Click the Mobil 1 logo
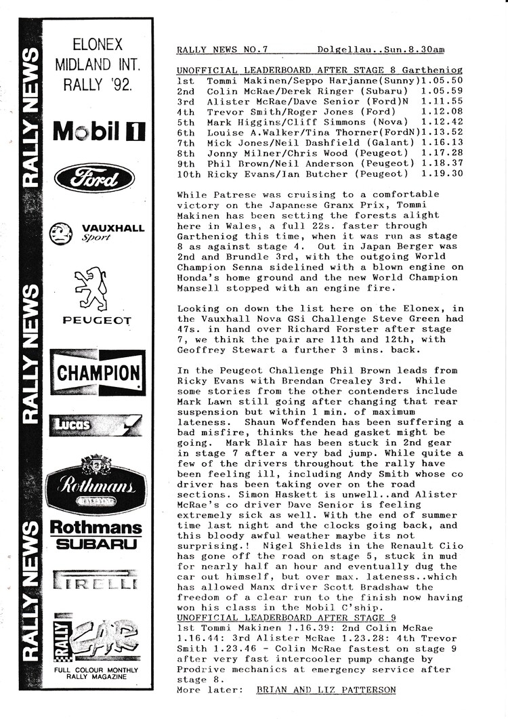pyautogui.click(x=99, y=131)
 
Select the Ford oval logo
pyautogui.click(x=94, y=178)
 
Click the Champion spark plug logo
pyautogui.click(x=98, y=373)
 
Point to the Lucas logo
pyautogui.click(x=95, y=425)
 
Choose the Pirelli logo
pyautogui.click(x=95, y=582)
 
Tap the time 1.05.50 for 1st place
pyautogui.click(x=441, y=80)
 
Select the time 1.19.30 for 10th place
pyautogui.click(x=441, y=174)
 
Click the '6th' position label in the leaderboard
pyautogui.click(x=186, y=132)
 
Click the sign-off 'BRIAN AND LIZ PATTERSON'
pyautogui.click(x=326, y=690)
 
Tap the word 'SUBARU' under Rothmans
pyautogui.click(x=96, y=544)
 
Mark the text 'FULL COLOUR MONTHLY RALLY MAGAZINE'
pyautogui.click(x=96, y=674)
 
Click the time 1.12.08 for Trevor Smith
pyautogui.click(x=441, y=111)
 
